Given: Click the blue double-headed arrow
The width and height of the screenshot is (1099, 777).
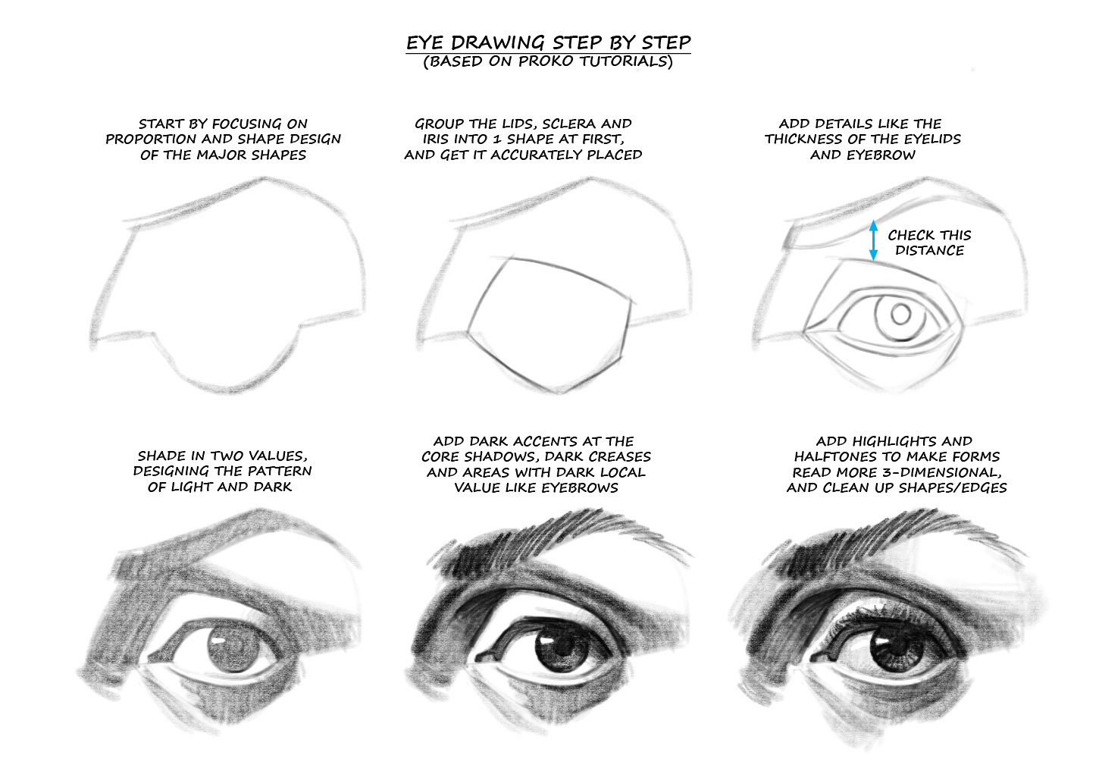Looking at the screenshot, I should point(873,240).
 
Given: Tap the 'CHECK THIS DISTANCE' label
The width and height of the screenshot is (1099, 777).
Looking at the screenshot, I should point(929,243).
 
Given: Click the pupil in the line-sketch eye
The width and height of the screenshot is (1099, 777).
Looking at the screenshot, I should point(900,313).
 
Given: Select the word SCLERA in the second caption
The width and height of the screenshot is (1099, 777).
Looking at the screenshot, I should point(569,124).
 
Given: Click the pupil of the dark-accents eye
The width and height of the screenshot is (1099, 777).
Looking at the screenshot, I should point(548,652).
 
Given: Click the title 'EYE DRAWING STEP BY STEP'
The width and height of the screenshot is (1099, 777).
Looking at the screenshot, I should point(548,42).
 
